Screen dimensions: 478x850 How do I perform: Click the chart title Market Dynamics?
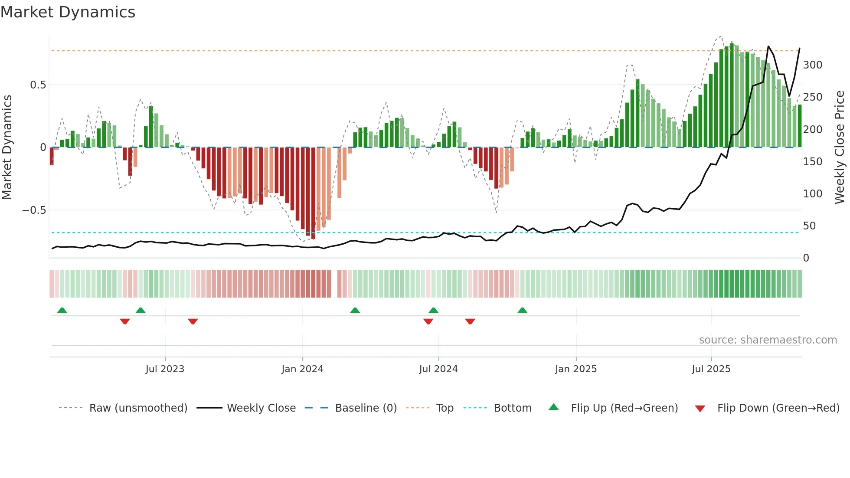coord(68,12)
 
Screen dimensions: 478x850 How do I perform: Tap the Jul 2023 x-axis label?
coord(165,369)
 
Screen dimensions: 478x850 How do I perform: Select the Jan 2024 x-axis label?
coord(302,369)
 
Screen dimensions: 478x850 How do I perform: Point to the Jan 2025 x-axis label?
coord(576,369)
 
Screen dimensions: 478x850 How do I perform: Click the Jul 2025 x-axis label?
coord(711,369)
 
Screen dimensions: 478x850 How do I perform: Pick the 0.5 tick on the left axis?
coord(38,85)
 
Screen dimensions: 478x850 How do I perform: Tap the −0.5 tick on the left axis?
coord(34,210)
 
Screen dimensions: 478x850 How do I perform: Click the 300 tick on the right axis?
coord(812,65)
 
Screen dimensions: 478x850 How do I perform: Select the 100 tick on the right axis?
coord(812,194)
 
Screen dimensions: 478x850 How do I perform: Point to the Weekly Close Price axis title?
coord(840,147)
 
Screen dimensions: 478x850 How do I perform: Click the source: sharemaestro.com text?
coord(768,340)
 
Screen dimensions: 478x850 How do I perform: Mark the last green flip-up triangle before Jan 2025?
coord(522,311)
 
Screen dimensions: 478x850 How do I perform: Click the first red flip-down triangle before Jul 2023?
coord(125,321)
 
